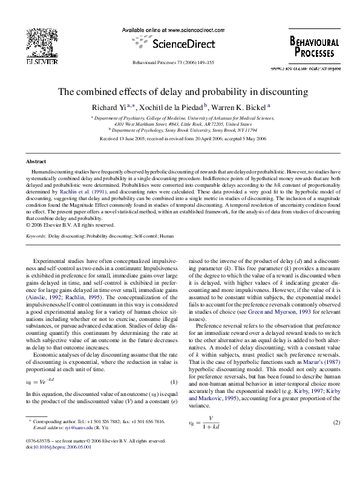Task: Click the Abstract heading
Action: click(36, 162)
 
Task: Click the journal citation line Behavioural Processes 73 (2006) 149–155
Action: click(180, 62)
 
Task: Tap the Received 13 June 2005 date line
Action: click(182, 138)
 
